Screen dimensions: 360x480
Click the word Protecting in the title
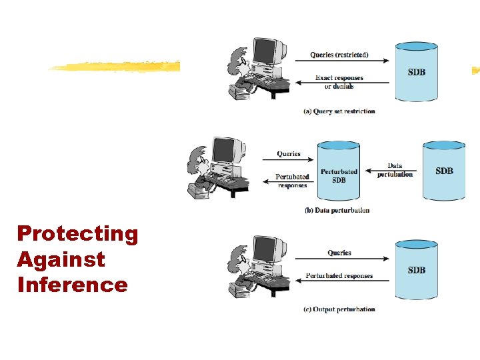[77, 234]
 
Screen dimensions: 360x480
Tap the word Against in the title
[61, 259]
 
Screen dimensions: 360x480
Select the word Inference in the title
[72, 285]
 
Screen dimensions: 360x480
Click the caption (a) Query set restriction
[339, 111]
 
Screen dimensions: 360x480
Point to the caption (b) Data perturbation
[337, 210]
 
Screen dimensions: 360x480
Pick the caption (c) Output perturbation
[339, 309]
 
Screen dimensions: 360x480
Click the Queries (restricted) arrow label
[339, 55]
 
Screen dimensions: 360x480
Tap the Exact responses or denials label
[339, 82]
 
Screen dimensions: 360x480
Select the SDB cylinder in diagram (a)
[417, 71]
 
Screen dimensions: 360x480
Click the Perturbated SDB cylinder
[339, 171]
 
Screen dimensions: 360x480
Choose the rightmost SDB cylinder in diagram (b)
[444, 171]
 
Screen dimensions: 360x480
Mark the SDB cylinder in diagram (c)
[417, 269]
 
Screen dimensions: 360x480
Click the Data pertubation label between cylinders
[395, 170]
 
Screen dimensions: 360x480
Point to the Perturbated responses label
[339, 276]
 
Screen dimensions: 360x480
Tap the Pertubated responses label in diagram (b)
[293, 181]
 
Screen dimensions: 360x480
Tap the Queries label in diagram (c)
[339, 253]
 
